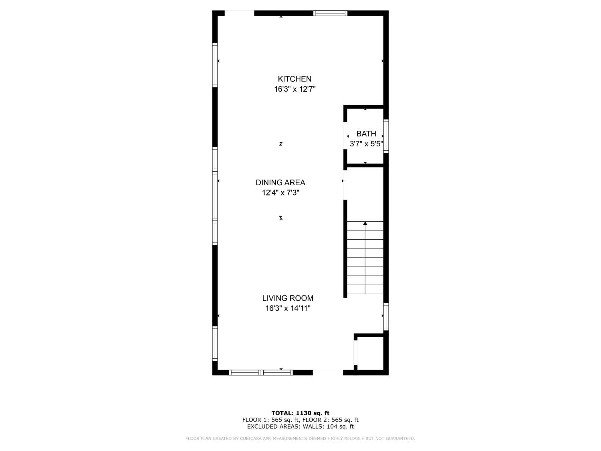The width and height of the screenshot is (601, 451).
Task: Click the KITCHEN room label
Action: click(x=294, y=79)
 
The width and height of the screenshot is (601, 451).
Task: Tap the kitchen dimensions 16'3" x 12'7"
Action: click(x=295, y=89)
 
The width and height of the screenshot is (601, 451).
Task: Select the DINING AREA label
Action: click(x=280, y=182)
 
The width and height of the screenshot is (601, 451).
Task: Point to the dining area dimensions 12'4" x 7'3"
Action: click(x=280, y=193)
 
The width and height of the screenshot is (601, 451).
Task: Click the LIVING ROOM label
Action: click(x=288, y=298)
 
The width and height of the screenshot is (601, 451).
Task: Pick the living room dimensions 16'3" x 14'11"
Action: click(x=288, y=308)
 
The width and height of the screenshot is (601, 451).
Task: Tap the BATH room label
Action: click(x=366, y=133)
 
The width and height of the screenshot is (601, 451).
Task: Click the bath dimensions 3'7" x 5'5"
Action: click(x=366, y=144)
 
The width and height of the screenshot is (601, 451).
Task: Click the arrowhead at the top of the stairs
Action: click(x=365, y=223)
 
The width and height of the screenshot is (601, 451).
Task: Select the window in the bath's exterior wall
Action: click(x=386, y=136)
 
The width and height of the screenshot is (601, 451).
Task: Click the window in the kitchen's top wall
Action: click(x=330, y=13)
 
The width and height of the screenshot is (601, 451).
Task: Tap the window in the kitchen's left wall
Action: click(x=215, y=65)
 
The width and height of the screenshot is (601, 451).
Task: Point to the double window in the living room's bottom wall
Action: click(x=261, y=372)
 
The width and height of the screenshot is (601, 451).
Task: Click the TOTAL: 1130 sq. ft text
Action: click(x=300, y=413)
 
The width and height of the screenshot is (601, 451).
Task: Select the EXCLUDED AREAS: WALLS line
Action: click(x=300, y=427)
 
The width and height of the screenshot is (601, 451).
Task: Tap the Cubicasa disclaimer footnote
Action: click(x=300, y=439)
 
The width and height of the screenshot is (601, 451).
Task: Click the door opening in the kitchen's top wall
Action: click(x=239, y=13)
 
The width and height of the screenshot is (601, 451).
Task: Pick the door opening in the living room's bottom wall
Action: click(x=328, y=372)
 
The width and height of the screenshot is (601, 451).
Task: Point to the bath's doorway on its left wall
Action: click(x=345, y=135)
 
